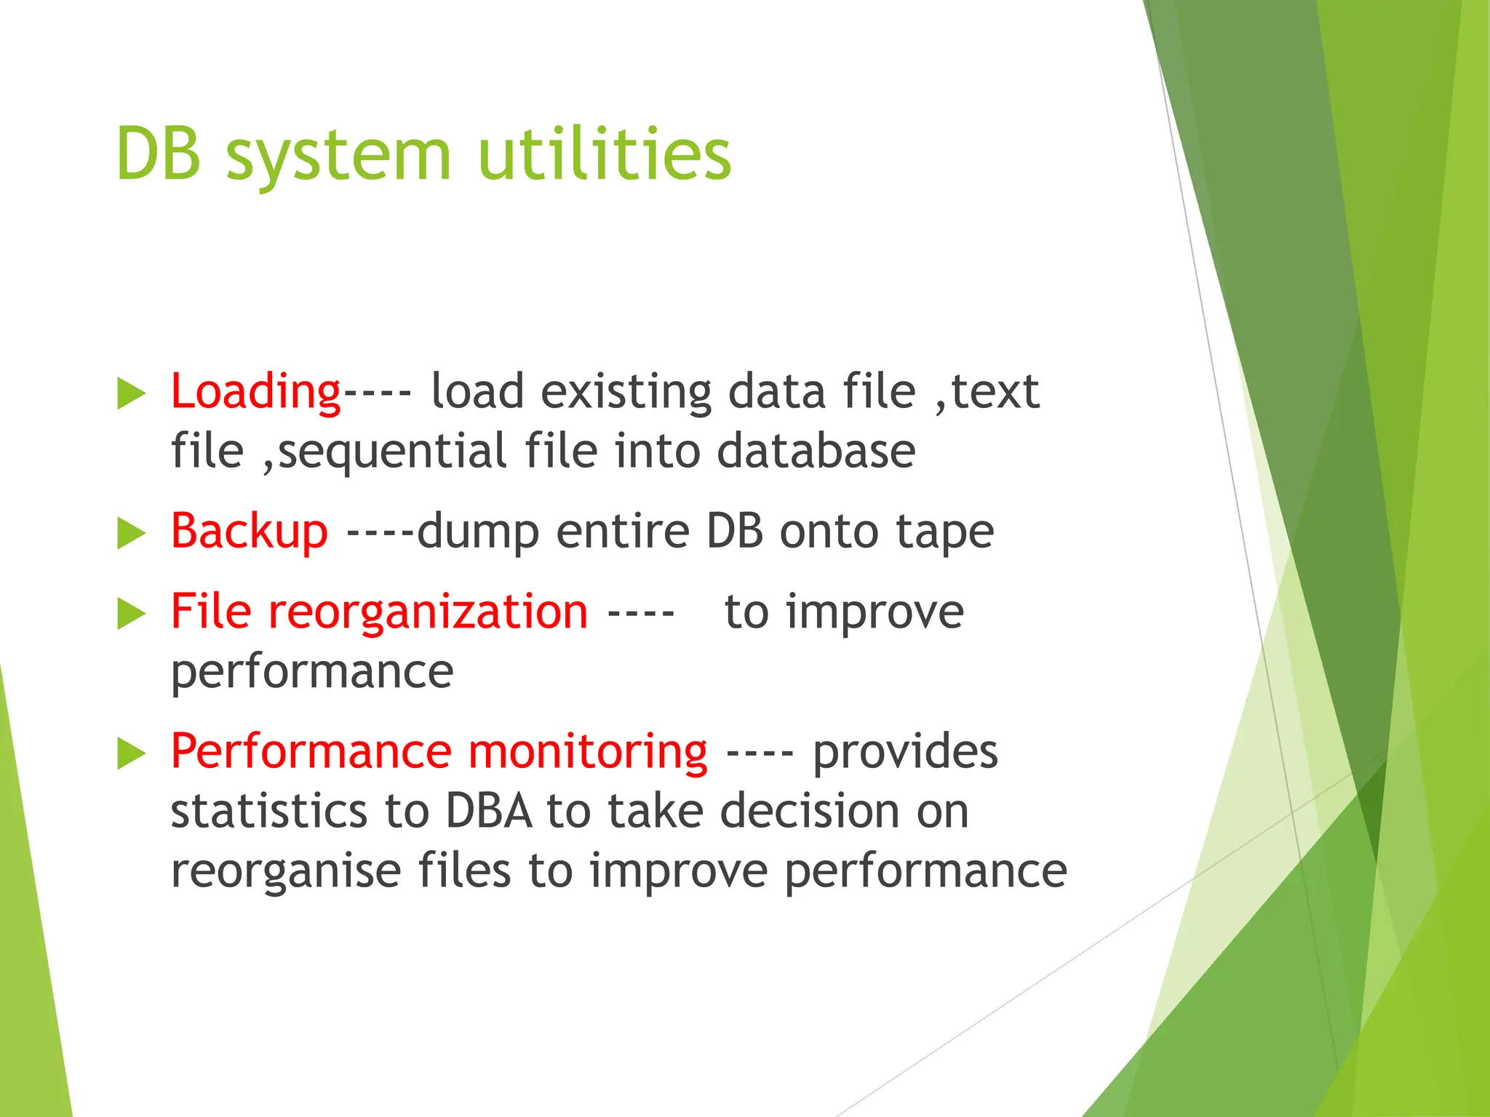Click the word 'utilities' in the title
[604, 154]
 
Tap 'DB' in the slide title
[158, 154]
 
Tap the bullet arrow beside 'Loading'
[131, 394]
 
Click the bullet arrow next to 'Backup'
[131, 534]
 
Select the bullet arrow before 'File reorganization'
[131, 614]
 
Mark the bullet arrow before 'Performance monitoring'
[131, 753]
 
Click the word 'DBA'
[489, 812]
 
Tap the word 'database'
[816, 452]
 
